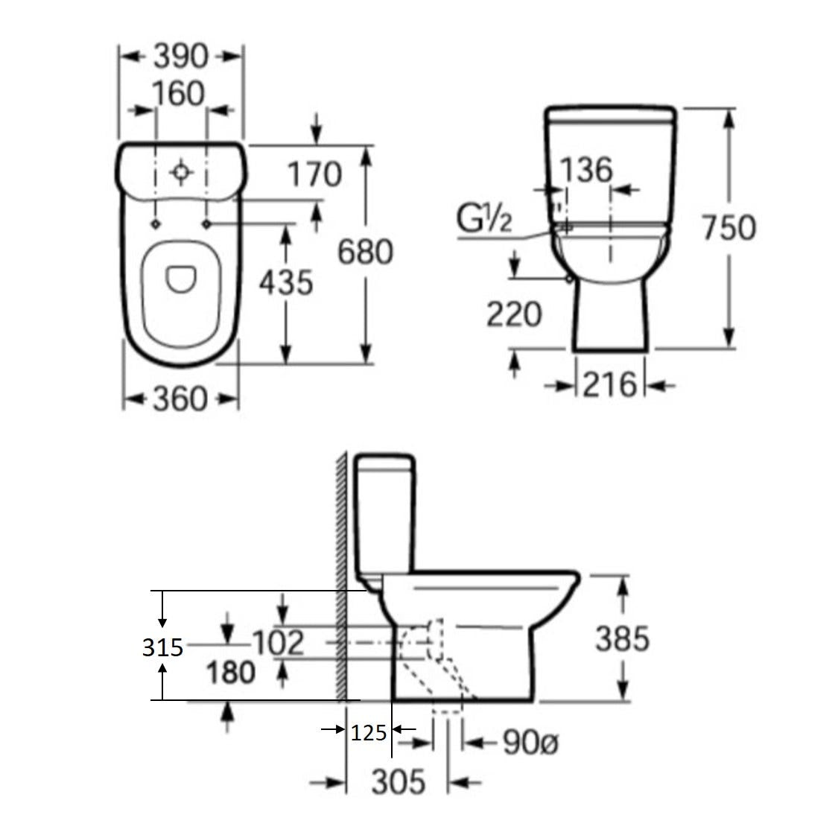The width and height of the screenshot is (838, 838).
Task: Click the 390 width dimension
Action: tap(181, 56)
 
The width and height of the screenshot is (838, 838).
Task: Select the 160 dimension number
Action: tap(179, 94)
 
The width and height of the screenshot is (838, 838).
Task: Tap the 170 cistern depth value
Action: tap(315, 174)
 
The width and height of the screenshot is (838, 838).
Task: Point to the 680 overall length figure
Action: tap(366, 252)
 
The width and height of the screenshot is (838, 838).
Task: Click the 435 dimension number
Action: tap(286, 283)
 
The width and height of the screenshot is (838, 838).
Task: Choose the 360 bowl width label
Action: tap(180, 399)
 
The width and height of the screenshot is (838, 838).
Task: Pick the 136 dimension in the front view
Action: tap(586, 170)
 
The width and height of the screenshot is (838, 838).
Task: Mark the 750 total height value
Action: tap(729, 227)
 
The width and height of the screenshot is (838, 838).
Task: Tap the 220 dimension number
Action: tap(514, 314)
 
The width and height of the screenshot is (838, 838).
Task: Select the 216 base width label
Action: tap(610, 385)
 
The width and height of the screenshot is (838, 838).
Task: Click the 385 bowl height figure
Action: tap(623, 639)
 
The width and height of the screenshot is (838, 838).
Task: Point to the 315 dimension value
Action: tap(162, 648)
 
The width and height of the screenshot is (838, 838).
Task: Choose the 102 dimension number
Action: tap(278, 642)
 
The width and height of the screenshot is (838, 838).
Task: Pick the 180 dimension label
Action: tap(231, 673)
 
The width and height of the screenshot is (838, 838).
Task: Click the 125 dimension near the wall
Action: tap(368, 733)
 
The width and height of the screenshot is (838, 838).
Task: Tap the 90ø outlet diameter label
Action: tap(530, 743)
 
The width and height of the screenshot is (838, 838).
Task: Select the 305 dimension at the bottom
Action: tap(399, 782)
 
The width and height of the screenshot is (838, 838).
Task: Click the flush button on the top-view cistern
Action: tap(181, 172)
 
